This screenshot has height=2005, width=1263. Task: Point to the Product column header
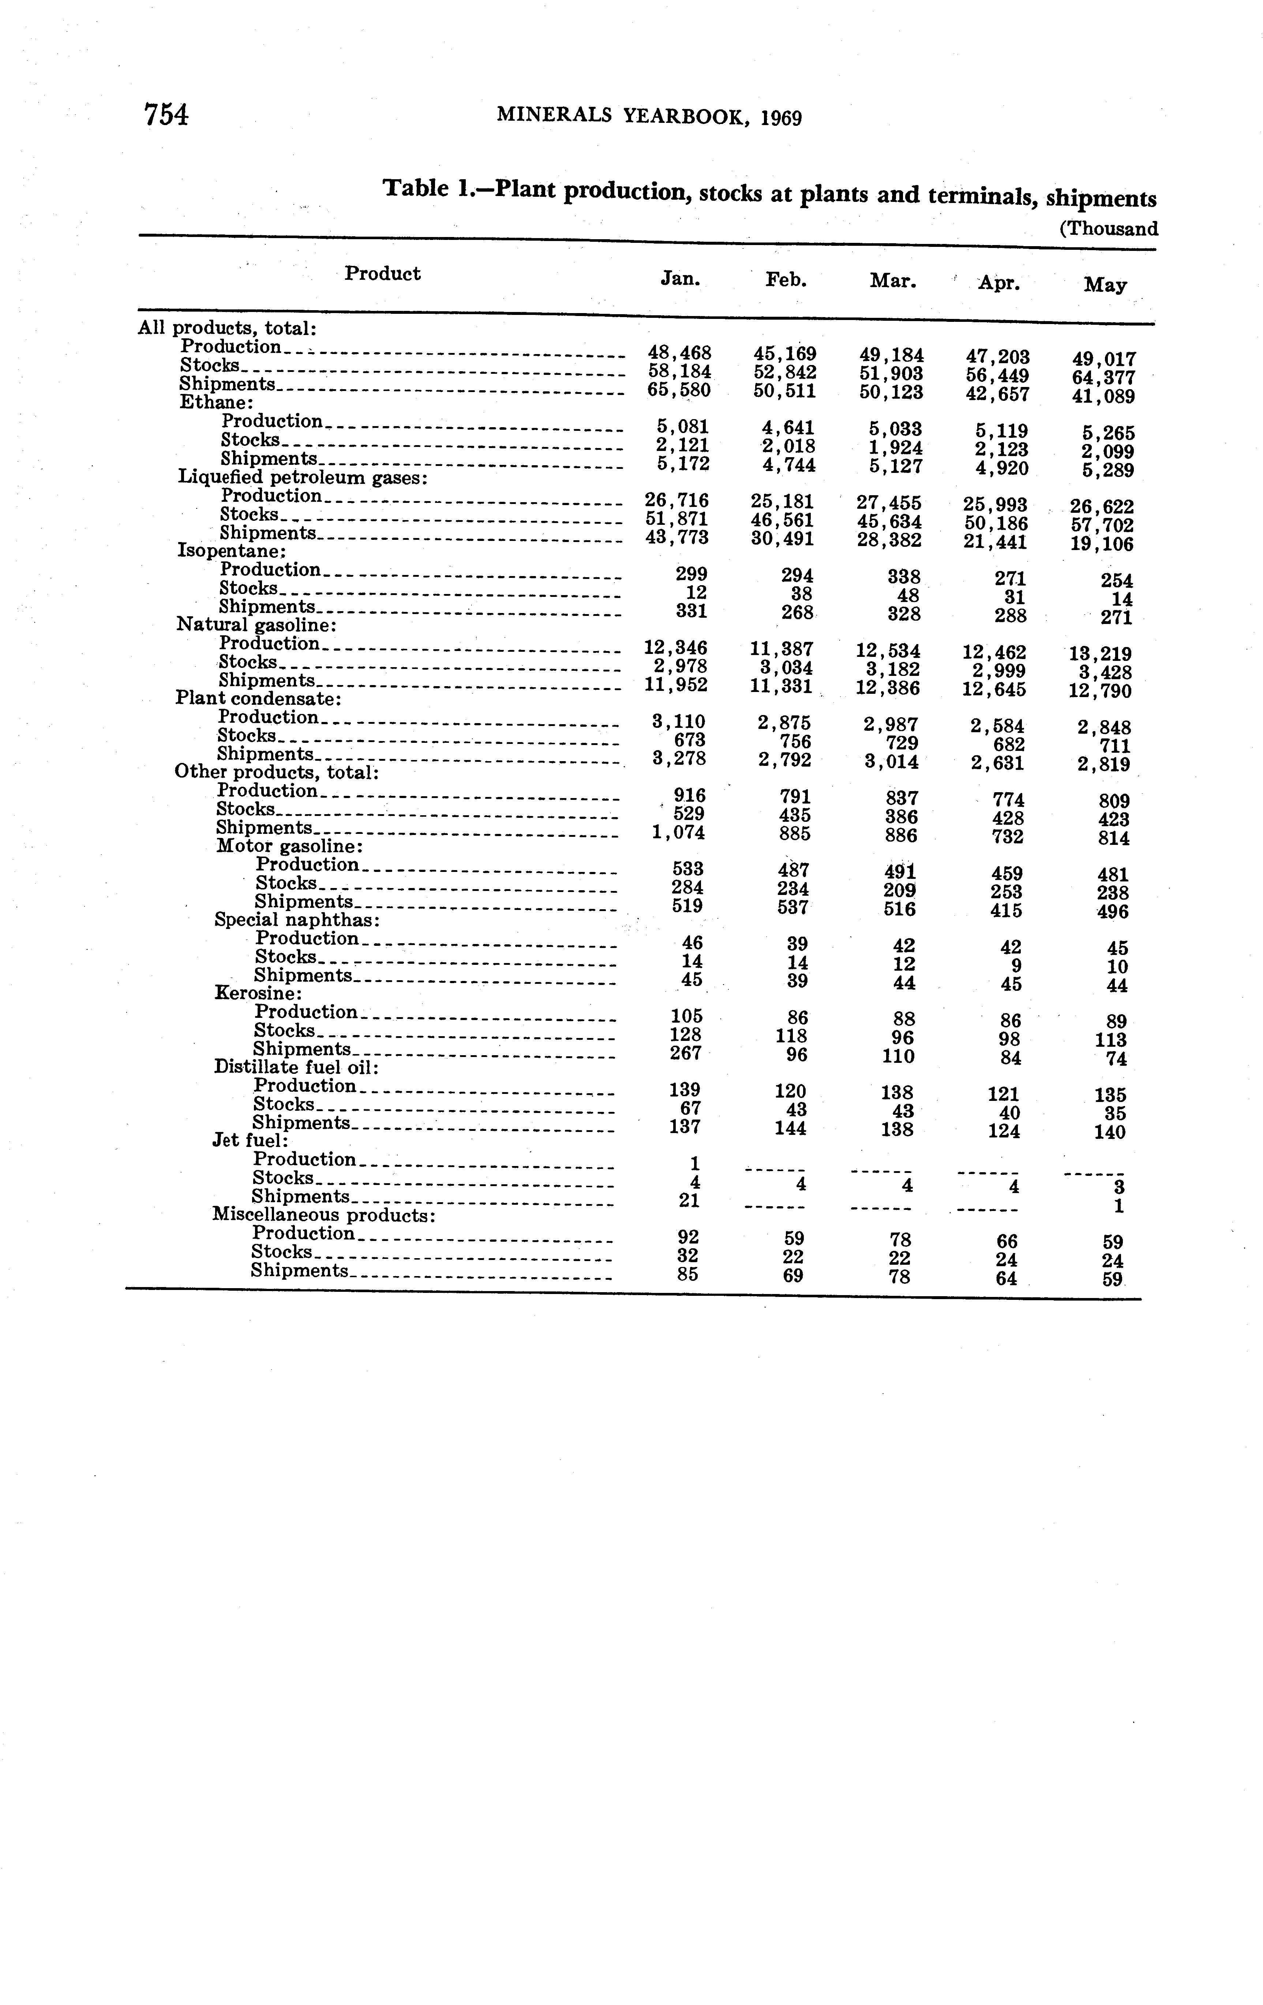tap(382, 274)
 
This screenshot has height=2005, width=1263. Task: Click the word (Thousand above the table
tap(1108, 229)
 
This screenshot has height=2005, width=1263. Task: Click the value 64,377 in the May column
tap(1104, 378)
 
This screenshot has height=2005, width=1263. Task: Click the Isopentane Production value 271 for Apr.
tap(1010, 579)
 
